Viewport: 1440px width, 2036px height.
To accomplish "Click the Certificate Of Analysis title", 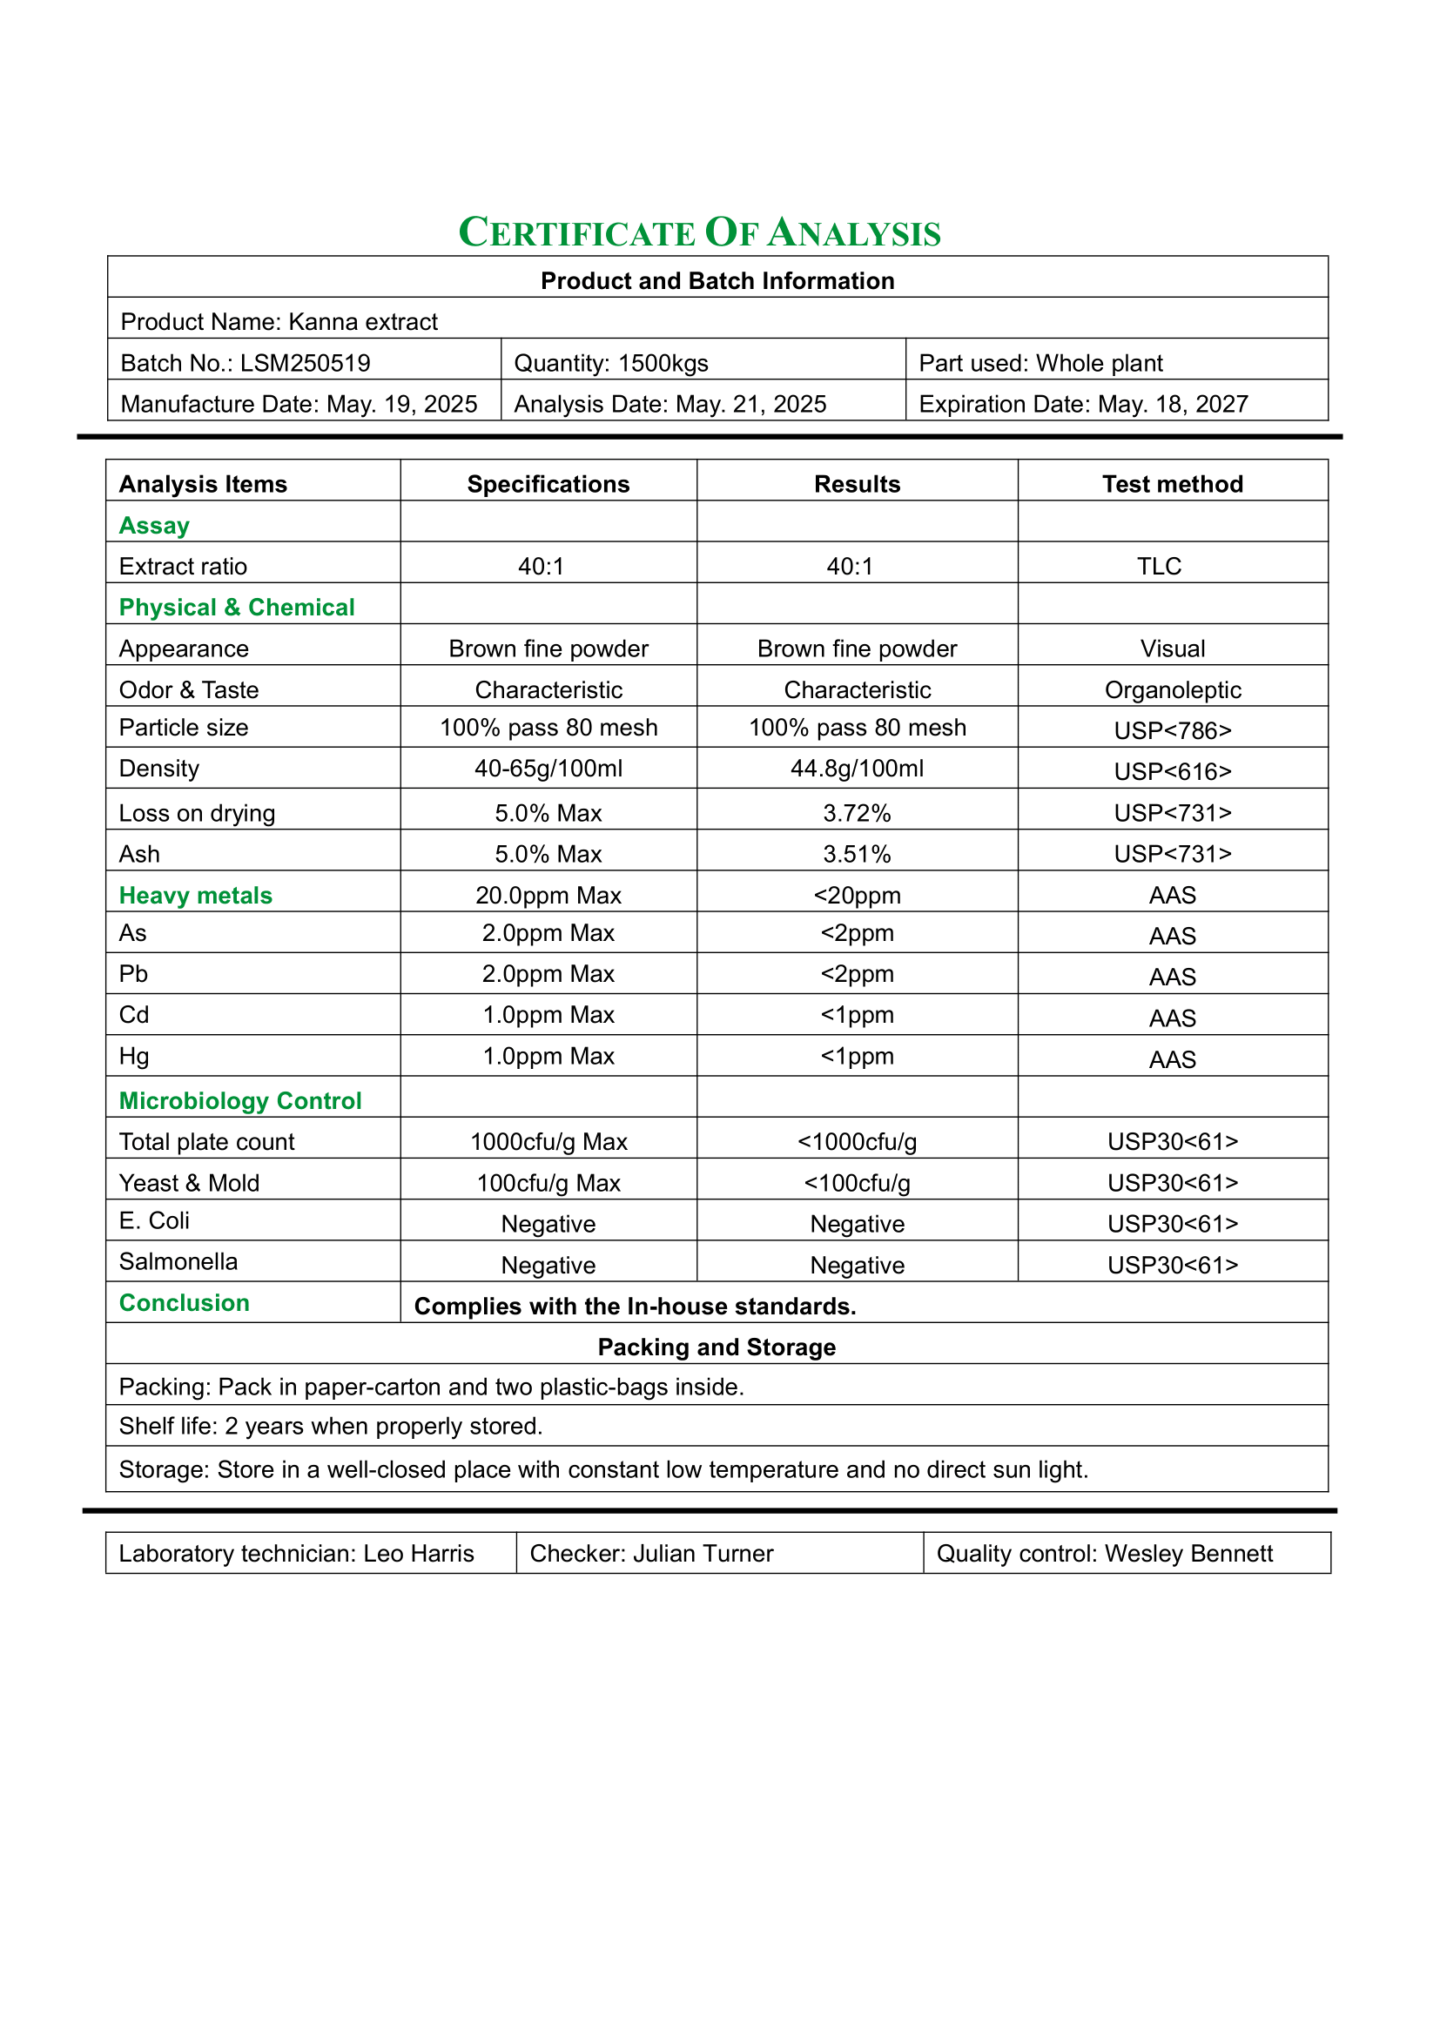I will click(x=700, y=233).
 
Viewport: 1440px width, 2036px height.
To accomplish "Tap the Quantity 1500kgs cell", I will click(x=612, y=364).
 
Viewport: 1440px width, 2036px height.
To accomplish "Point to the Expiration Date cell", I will click(x=1084, y=405).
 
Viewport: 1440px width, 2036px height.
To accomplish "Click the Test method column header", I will click(x=1172, y=484).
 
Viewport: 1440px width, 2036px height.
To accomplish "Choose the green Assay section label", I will click(x=154, y=526).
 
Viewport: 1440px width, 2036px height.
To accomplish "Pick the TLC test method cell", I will click(x=1159, y=567).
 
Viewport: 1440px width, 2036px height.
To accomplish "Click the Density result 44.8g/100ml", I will click(x=857, y=769).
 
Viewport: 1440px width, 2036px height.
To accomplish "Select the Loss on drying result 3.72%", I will click(x=857, y=813).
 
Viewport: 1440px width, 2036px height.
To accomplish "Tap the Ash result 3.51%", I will click(x=857, y=854).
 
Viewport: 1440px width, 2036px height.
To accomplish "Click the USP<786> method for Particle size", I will click(x=1172, y=730).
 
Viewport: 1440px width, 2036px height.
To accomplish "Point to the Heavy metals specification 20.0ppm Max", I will click(x=548, y=896).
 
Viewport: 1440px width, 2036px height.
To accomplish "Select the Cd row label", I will click(x=134, y=1014).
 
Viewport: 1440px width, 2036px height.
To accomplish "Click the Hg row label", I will click(x=134, y=1056).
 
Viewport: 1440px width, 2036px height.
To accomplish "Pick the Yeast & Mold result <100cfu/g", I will click(x=857, y=1183).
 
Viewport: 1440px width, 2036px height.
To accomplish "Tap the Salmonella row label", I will click(x=178, y=1262).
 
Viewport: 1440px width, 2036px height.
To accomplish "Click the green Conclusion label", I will click(x=185, y=1303).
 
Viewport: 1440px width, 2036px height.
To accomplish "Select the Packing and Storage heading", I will click(x=717, y=1347).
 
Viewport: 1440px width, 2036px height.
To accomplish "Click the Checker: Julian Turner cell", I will click(x=652, y=1554).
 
